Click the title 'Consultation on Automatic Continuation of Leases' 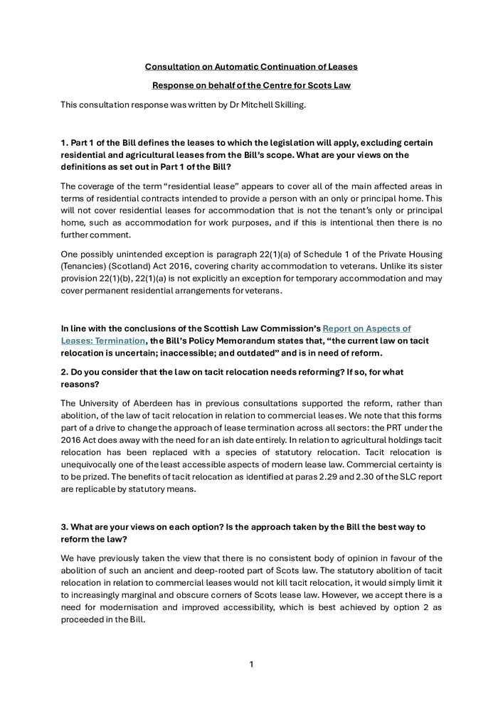point(251,67)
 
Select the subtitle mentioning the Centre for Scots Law point(251,86)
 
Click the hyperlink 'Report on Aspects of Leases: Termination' point(235,335)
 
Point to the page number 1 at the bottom point(251,664)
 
